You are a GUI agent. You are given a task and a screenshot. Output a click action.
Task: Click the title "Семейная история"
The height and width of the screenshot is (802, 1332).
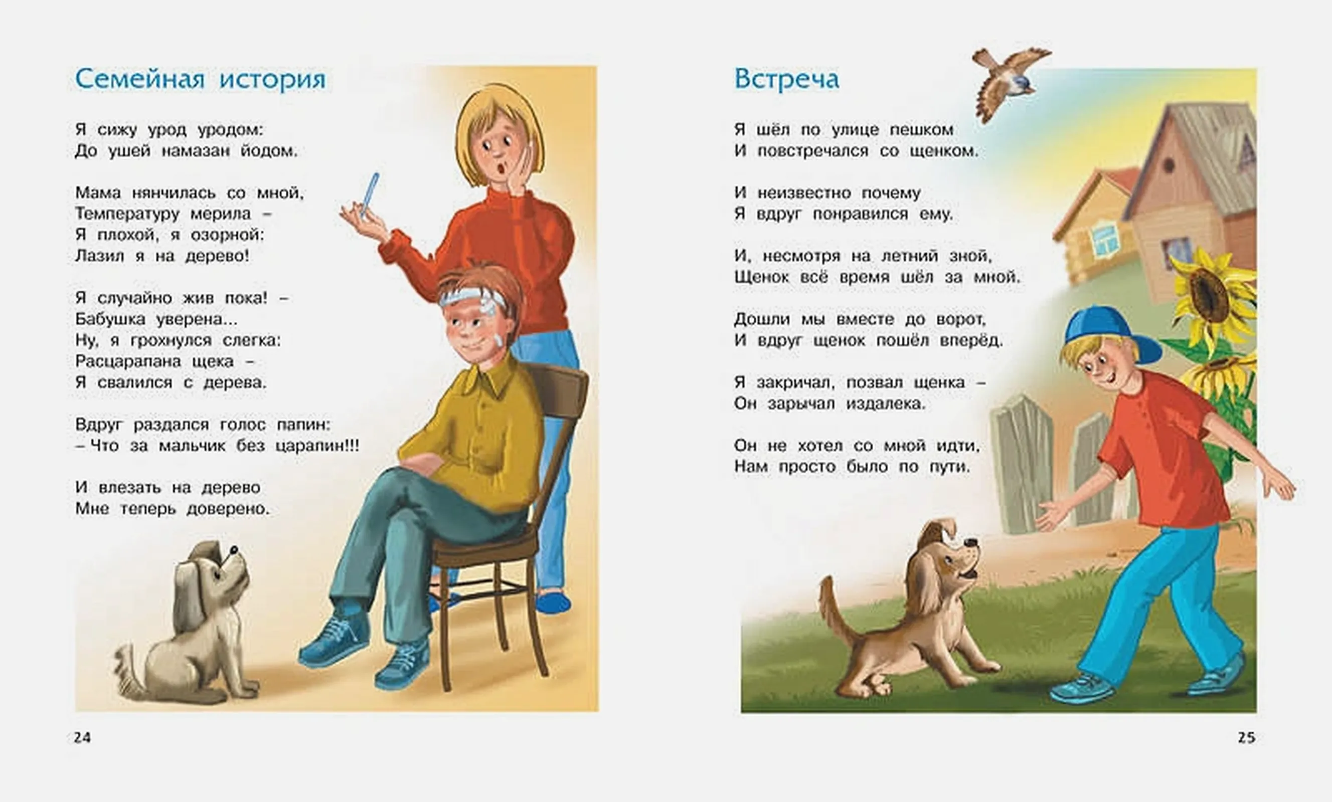tap(201, 79)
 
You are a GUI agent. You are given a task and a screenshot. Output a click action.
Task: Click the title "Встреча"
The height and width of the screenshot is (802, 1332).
tap(786, 79)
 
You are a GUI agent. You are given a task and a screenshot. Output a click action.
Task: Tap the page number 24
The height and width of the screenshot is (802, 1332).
tap(82, 738)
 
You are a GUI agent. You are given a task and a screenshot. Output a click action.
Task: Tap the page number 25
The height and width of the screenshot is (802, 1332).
tap(1247, 738)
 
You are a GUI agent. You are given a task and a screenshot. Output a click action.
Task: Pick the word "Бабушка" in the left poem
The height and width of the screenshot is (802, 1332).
tap(110, 319)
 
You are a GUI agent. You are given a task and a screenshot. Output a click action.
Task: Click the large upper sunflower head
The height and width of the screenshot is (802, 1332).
tap(1211, 295)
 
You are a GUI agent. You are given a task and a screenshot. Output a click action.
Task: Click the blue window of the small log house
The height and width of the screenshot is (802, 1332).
tap(1104, 240)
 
